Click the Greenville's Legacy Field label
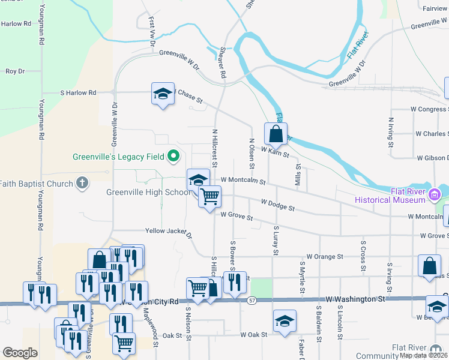118,157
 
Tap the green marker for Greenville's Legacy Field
174,157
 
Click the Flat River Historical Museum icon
435,193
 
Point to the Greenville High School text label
148,193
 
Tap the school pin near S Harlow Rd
162,94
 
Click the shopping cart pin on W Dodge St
209,196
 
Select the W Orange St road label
324,256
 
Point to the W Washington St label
356,298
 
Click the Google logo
20,353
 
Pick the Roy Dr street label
14,71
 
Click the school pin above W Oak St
285,320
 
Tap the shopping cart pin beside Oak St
124,343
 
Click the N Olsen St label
252,154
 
